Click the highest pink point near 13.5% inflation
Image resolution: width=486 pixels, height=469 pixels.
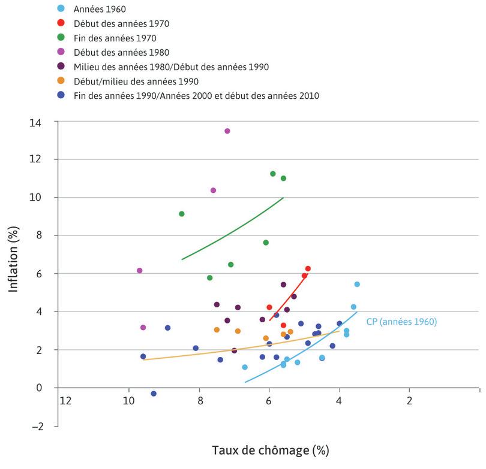(227, 131)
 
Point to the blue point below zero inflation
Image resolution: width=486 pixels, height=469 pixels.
(154, 394)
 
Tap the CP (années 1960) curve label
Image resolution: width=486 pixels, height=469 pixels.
(401, 322)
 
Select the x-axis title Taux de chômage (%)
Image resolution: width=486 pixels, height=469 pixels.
(270, 449)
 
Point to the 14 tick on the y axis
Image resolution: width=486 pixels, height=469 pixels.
(45, 122)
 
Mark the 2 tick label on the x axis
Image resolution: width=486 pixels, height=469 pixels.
(409, 400)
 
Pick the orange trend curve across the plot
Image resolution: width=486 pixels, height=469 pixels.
(240, 347)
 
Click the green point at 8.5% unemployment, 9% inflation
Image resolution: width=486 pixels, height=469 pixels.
(182, 214)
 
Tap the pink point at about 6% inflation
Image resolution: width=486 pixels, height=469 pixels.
(140, 271)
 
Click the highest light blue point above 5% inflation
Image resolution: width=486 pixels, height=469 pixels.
(357, 284)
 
